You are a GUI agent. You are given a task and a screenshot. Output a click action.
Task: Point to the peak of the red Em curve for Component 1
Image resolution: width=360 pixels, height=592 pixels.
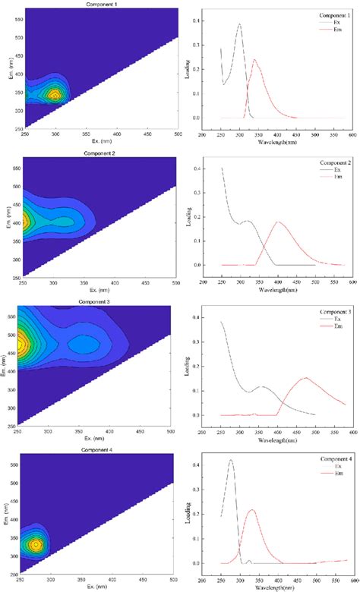[x=254, y=60]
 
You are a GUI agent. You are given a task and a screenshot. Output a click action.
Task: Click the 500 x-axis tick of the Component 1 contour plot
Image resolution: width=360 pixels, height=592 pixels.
[x=177, y=134]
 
